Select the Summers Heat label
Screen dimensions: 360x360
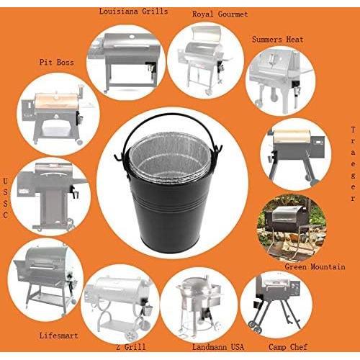278,40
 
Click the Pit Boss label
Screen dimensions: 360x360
55,63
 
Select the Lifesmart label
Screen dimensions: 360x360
58,336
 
